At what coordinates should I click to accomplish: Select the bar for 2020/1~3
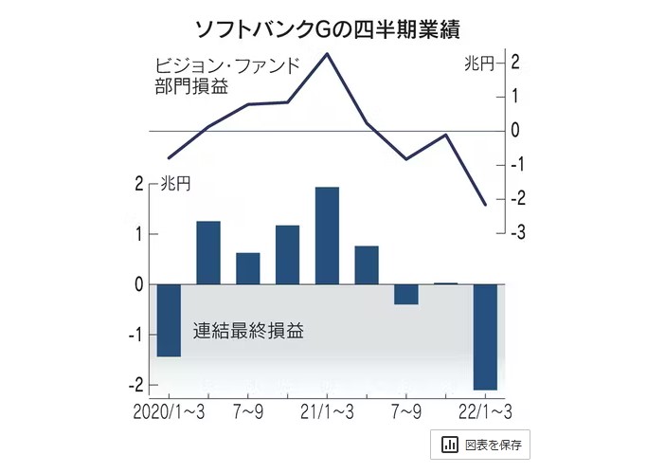point(169,320)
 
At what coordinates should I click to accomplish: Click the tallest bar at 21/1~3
point(327,236)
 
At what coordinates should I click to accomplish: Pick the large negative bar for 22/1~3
point(485,337)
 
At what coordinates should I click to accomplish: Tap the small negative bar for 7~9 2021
point(405,294)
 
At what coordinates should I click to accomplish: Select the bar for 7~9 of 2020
point(248,268)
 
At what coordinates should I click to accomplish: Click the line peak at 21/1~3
point(327,54)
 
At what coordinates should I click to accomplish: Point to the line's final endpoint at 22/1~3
point(485,205)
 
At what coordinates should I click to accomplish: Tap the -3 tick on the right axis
point(515,232)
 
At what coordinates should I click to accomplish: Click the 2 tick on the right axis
point(515,63)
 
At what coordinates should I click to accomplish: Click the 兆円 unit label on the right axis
point(480,64)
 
